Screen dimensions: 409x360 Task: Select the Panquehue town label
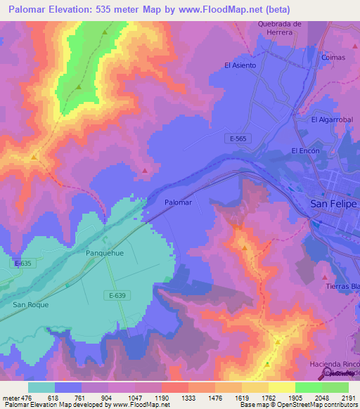coord(105,252)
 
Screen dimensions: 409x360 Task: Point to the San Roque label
coord(32,304)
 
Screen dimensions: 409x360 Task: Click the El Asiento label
coord(240,65)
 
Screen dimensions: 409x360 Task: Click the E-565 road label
coord(238,139)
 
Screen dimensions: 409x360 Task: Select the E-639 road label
coord(117,295)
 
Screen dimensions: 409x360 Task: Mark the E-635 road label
coord(22,264)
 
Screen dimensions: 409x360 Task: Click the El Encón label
coord(305,151)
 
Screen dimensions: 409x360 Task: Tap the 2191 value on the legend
coord(348,397)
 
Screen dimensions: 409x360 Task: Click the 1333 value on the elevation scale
coord(188,397)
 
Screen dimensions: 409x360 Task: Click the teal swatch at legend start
coord(41,387)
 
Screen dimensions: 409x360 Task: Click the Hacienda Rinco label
coord(335,365)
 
